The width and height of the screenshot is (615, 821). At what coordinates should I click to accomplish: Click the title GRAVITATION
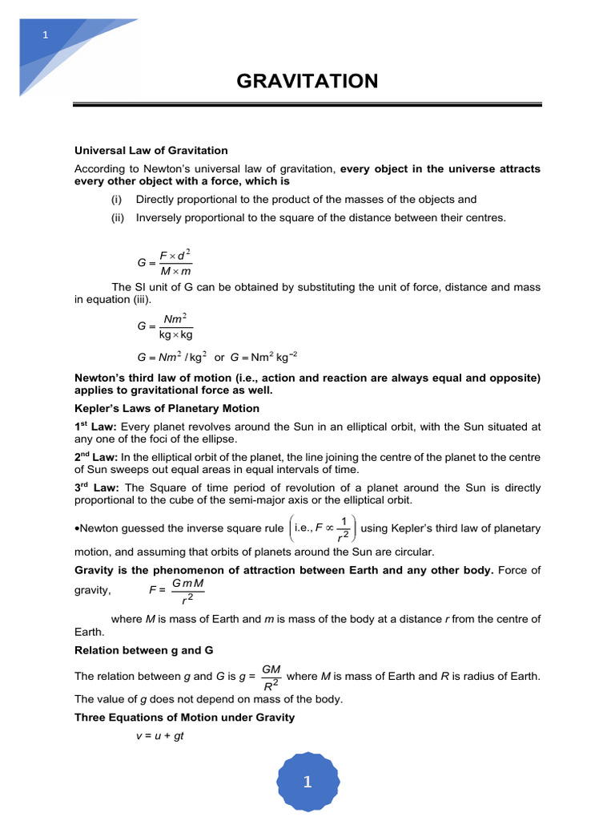[307, 81]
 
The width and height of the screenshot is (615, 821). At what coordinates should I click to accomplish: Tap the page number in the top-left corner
[46, 34]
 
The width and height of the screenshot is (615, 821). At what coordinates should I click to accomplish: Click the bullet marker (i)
[118, 200]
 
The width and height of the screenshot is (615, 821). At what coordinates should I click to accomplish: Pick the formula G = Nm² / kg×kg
[165, 326]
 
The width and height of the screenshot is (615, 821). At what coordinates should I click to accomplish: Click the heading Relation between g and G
[143, 649]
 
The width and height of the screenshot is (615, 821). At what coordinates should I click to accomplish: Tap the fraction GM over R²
[271, 676]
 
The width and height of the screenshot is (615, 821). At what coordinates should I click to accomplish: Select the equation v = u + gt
[160, 735]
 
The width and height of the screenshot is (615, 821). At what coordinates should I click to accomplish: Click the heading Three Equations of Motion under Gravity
[184, 718]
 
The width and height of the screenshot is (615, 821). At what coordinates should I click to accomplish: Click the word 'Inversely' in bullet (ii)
[159, 217]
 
